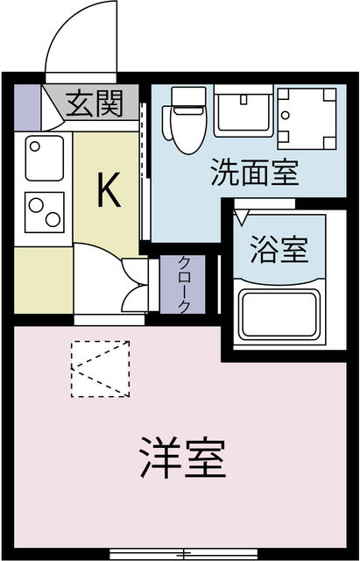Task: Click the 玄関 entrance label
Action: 95,103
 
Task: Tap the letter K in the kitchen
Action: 109,189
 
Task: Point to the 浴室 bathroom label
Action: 279,250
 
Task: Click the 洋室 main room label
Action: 183,458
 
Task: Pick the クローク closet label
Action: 183,285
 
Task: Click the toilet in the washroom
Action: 185,120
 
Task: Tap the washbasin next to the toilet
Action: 244,111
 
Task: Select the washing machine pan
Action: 307,118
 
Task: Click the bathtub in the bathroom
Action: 279,314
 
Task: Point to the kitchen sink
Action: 45,158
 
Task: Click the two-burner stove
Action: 45,212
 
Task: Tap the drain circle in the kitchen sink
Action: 35,146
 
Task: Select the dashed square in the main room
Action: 100,369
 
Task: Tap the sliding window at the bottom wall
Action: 184,553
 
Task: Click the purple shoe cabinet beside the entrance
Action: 27,107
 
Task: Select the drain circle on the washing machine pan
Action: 285,115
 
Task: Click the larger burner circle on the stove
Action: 53,219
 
